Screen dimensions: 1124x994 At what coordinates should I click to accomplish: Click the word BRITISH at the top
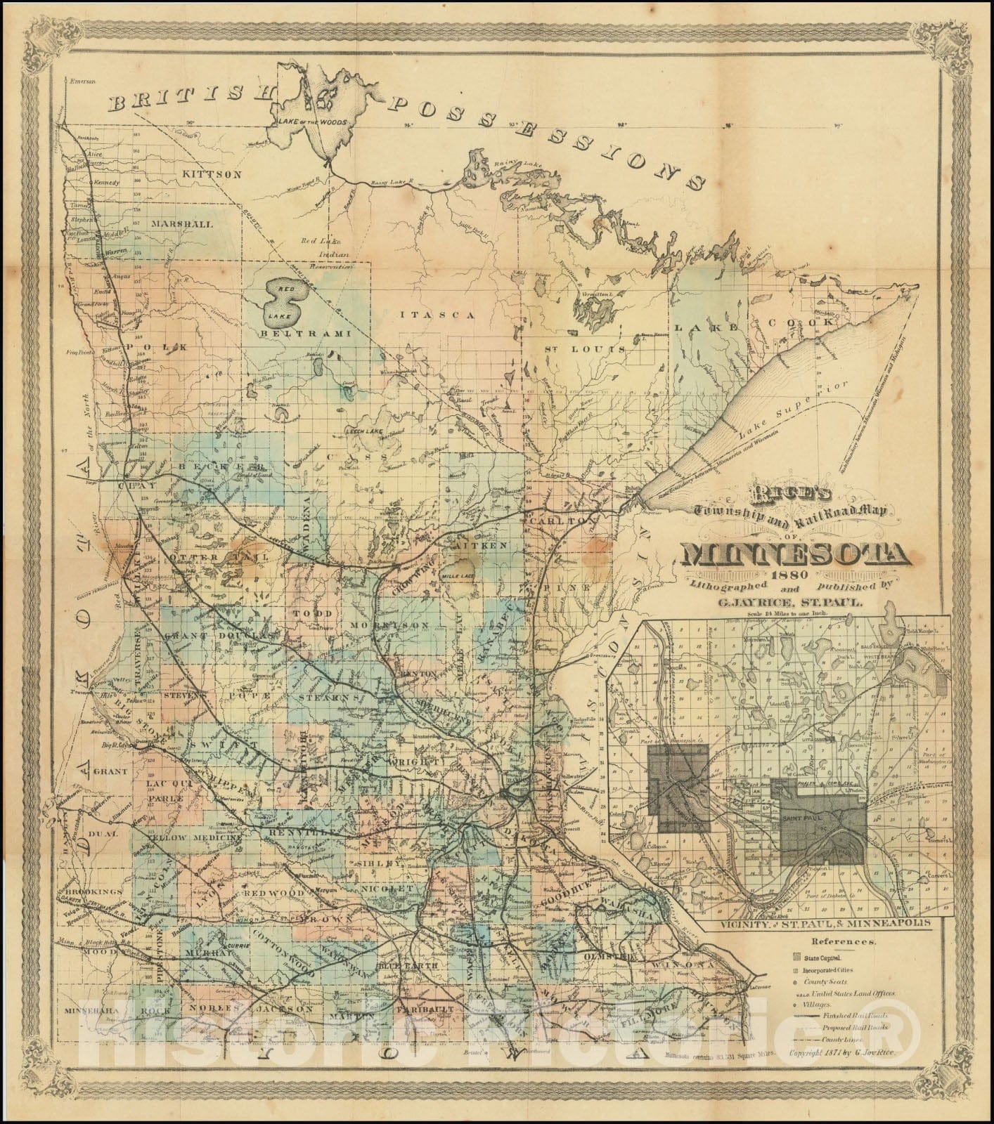coord(188,98)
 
